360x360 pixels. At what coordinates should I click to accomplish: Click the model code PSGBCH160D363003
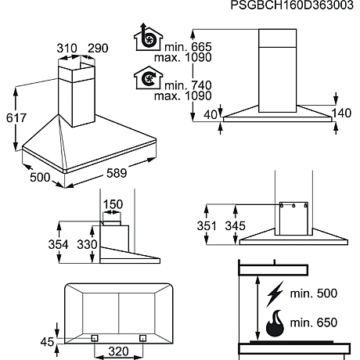pyautogui.click(x=295, y=6)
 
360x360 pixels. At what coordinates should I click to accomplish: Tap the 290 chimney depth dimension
pyautogui.click(x=98, y=49)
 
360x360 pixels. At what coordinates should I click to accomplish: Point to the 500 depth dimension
pyautogui.click(x=38, y=178)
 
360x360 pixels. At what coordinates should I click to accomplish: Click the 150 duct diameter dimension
pyautogui.click(x=113, y=204)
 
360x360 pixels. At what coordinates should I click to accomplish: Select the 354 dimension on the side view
pyautogui.click(x=70, y=245)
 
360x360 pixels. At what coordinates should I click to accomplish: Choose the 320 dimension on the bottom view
pyautogui.click(x=118, y=351)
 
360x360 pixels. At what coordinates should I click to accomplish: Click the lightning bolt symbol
pyautogui.click(x=276, y=293)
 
